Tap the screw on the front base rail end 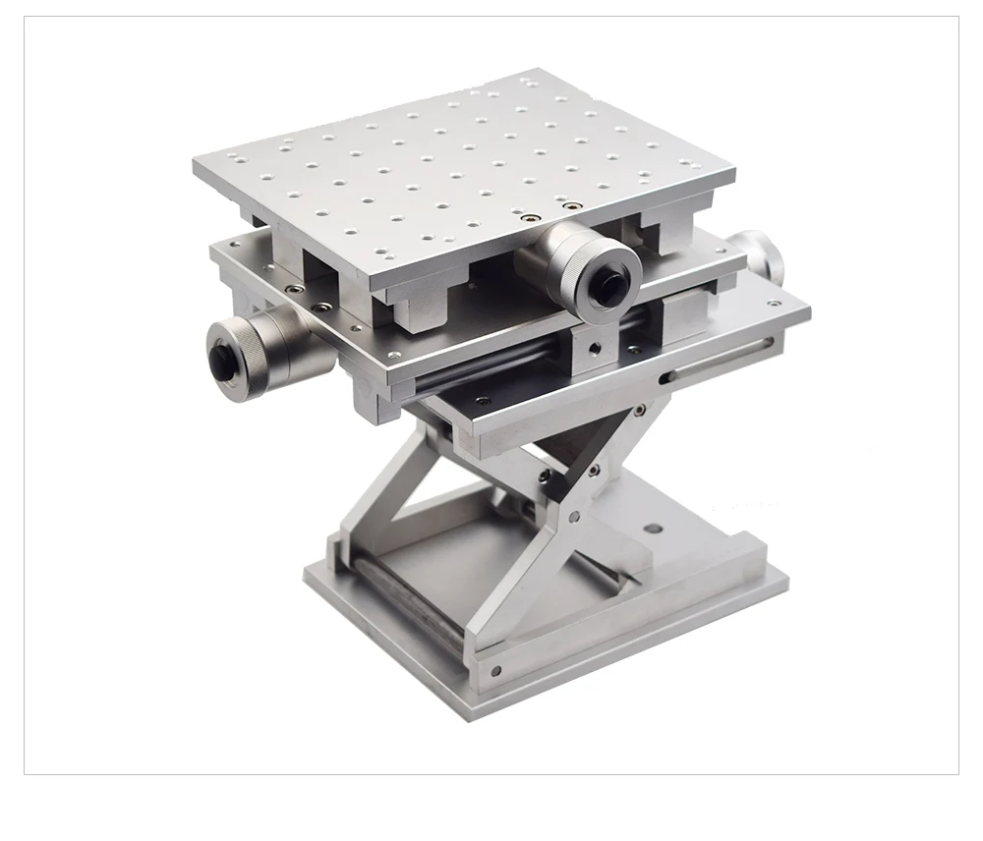point(494,672)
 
